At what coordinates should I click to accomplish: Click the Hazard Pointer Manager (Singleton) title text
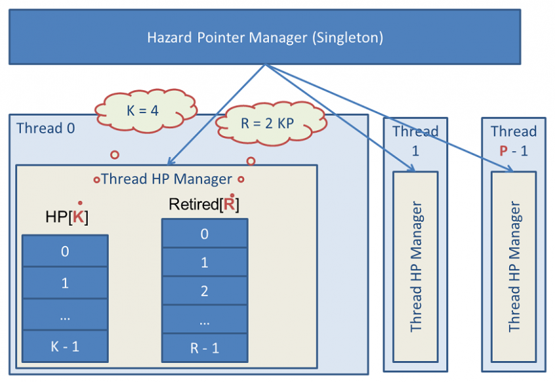click(265, 37)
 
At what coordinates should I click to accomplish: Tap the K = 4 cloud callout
click(142, 110)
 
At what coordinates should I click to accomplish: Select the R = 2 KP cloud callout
click(270, 122)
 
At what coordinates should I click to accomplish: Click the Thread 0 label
click(45, 128)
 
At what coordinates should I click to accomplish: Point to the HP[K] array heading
click(66, 217)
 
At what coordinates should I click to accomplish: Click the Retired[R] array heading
click(204, 204)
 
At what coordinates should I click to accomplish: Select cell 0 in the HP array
click(65, 251)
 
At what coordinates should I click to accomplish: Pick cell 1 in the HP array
click(65, 283)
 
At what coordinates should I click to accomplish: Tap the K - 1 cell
click(65, 347)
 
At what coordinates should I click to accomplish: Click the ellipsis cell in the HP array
click(65, 315)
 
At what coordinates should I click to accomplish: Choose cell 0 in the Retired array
click(204, 234)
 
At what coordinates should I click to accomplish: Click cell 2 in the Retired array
click(204, 291)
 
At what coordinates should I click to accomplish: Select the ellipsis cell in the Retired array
click(204, 320)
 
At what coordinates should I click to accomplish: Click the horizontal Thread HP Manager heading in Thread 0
click(166, 179)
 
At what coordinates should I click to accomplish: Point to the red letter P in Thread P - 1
click(503, 150)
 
